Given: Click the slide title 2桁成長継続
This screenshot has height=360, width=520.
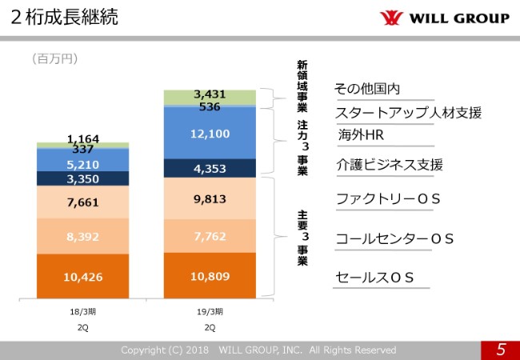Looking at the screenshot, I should click(65, 17).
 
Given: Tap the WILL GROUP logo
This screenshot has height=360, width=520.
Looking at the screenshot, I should click(443, 18).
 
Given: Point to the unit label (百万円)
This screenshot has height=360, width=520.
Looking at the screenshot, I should click(54, 58).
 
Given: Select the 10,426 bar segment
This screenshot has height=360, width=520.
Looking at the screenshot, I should click(83, 277).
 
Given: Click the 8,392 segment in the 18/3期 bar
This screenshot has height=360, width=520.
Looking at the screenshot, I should click(83, 237).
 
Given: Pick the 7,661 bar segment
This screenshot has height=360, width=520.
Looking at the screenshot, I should click(83, 202).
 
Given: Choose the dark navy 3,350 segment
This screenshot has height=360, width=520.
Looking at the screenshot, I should click(83, 178).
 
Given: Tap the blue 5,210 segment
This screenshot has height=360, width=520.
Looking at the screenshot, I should click(83, 163).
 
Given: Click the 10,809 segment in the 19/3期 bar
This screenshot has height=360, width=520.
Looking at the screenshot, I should click(210, 276).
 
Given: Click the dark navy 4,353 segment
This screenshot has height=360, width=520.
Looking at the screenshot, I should click(210, 169).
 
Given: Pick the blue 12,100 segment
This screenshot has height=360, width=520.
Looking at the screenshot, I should click(210, 134).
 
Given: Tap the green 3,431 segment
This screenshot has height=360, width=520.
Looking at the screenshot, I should click(210, 95).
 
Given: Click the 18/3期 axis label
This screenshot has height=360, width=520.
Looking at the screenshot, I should click(83, 311).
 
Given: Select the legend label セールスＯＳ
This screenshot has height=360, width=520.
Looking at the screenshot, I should click(374, 277).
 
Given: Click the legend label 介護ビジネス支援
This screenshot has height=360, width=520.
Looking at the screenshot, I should click(390, 165).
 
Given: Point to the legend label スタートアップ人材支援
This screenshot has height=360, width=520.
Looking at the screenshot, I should click(408, 112).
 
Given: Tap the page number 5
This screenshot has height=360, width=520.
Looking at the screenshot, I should click(500, 350).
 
